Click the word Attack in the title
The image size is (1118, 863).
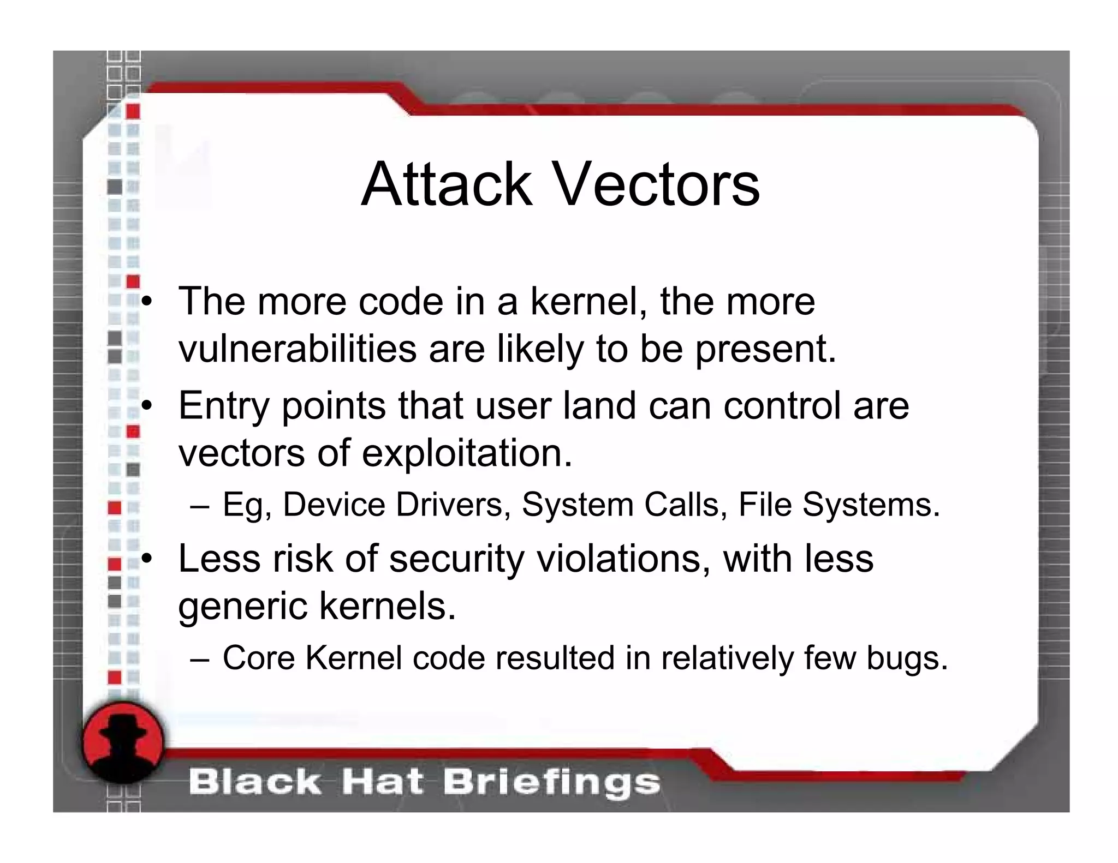point(446,184)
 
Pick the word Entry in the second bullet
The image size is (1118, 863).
point(224,407)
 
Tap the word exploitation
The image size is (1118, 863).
point(467,454)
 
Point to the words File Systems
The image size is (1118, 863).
point(839,505)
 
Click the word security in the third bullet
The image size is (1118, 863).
point(456,560)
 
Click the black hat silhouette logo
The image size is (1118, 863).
point(123,741)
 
